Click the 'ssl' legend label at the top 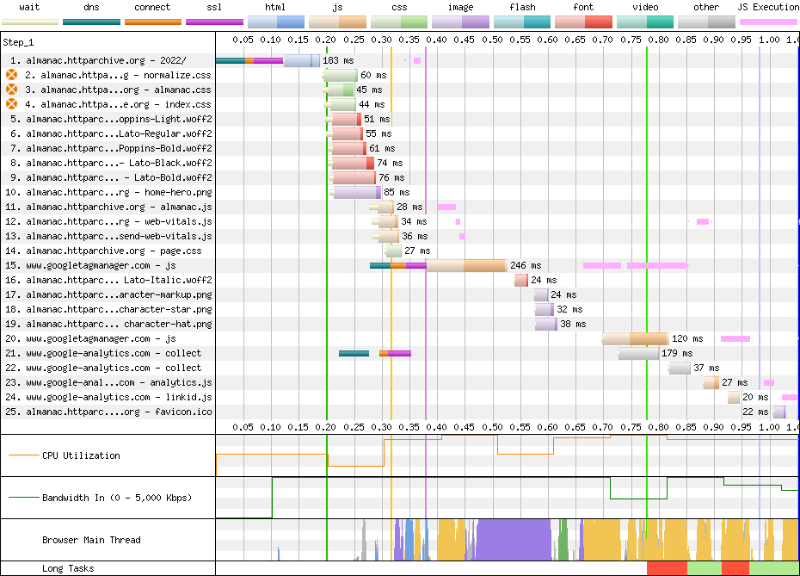click(x=214, y=7)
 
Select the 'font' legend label click(x=583, y=7)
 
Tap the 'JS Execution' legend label click(x=767, y=7)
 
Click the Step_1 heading click(x=18, y=42)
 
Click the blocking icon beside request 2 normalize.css click(x=11, y=75)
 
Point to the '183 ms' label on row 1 click(x=338, y=60)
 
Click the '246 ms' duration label click(x=526, y=265)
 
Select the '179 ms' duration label click(x=677, y=353)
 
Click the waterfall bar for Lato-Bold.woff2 click(x=352, y=177)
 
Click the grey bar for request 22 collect click(x=679, y=369)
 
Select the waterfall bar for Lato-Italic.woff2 click(x=521, y=281)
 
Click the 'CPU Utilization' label click(x=81, y=455)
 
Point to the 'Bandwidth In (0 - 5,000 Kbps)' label click(x=117, y=498)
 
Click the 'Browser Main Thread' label click(x=91, y=540)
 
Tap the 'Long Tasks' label click(x=68, y=568)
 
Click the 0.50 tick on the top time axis click(x=492, y=40)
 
